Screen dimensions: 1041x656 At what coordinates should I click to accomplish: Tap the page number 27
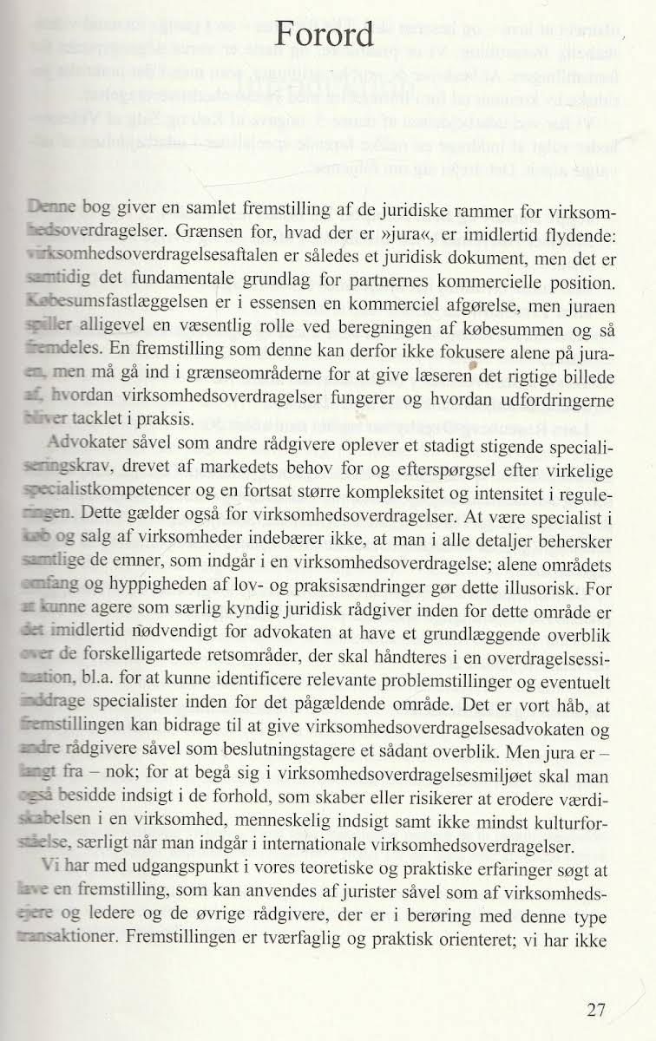coord(595,1010)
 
